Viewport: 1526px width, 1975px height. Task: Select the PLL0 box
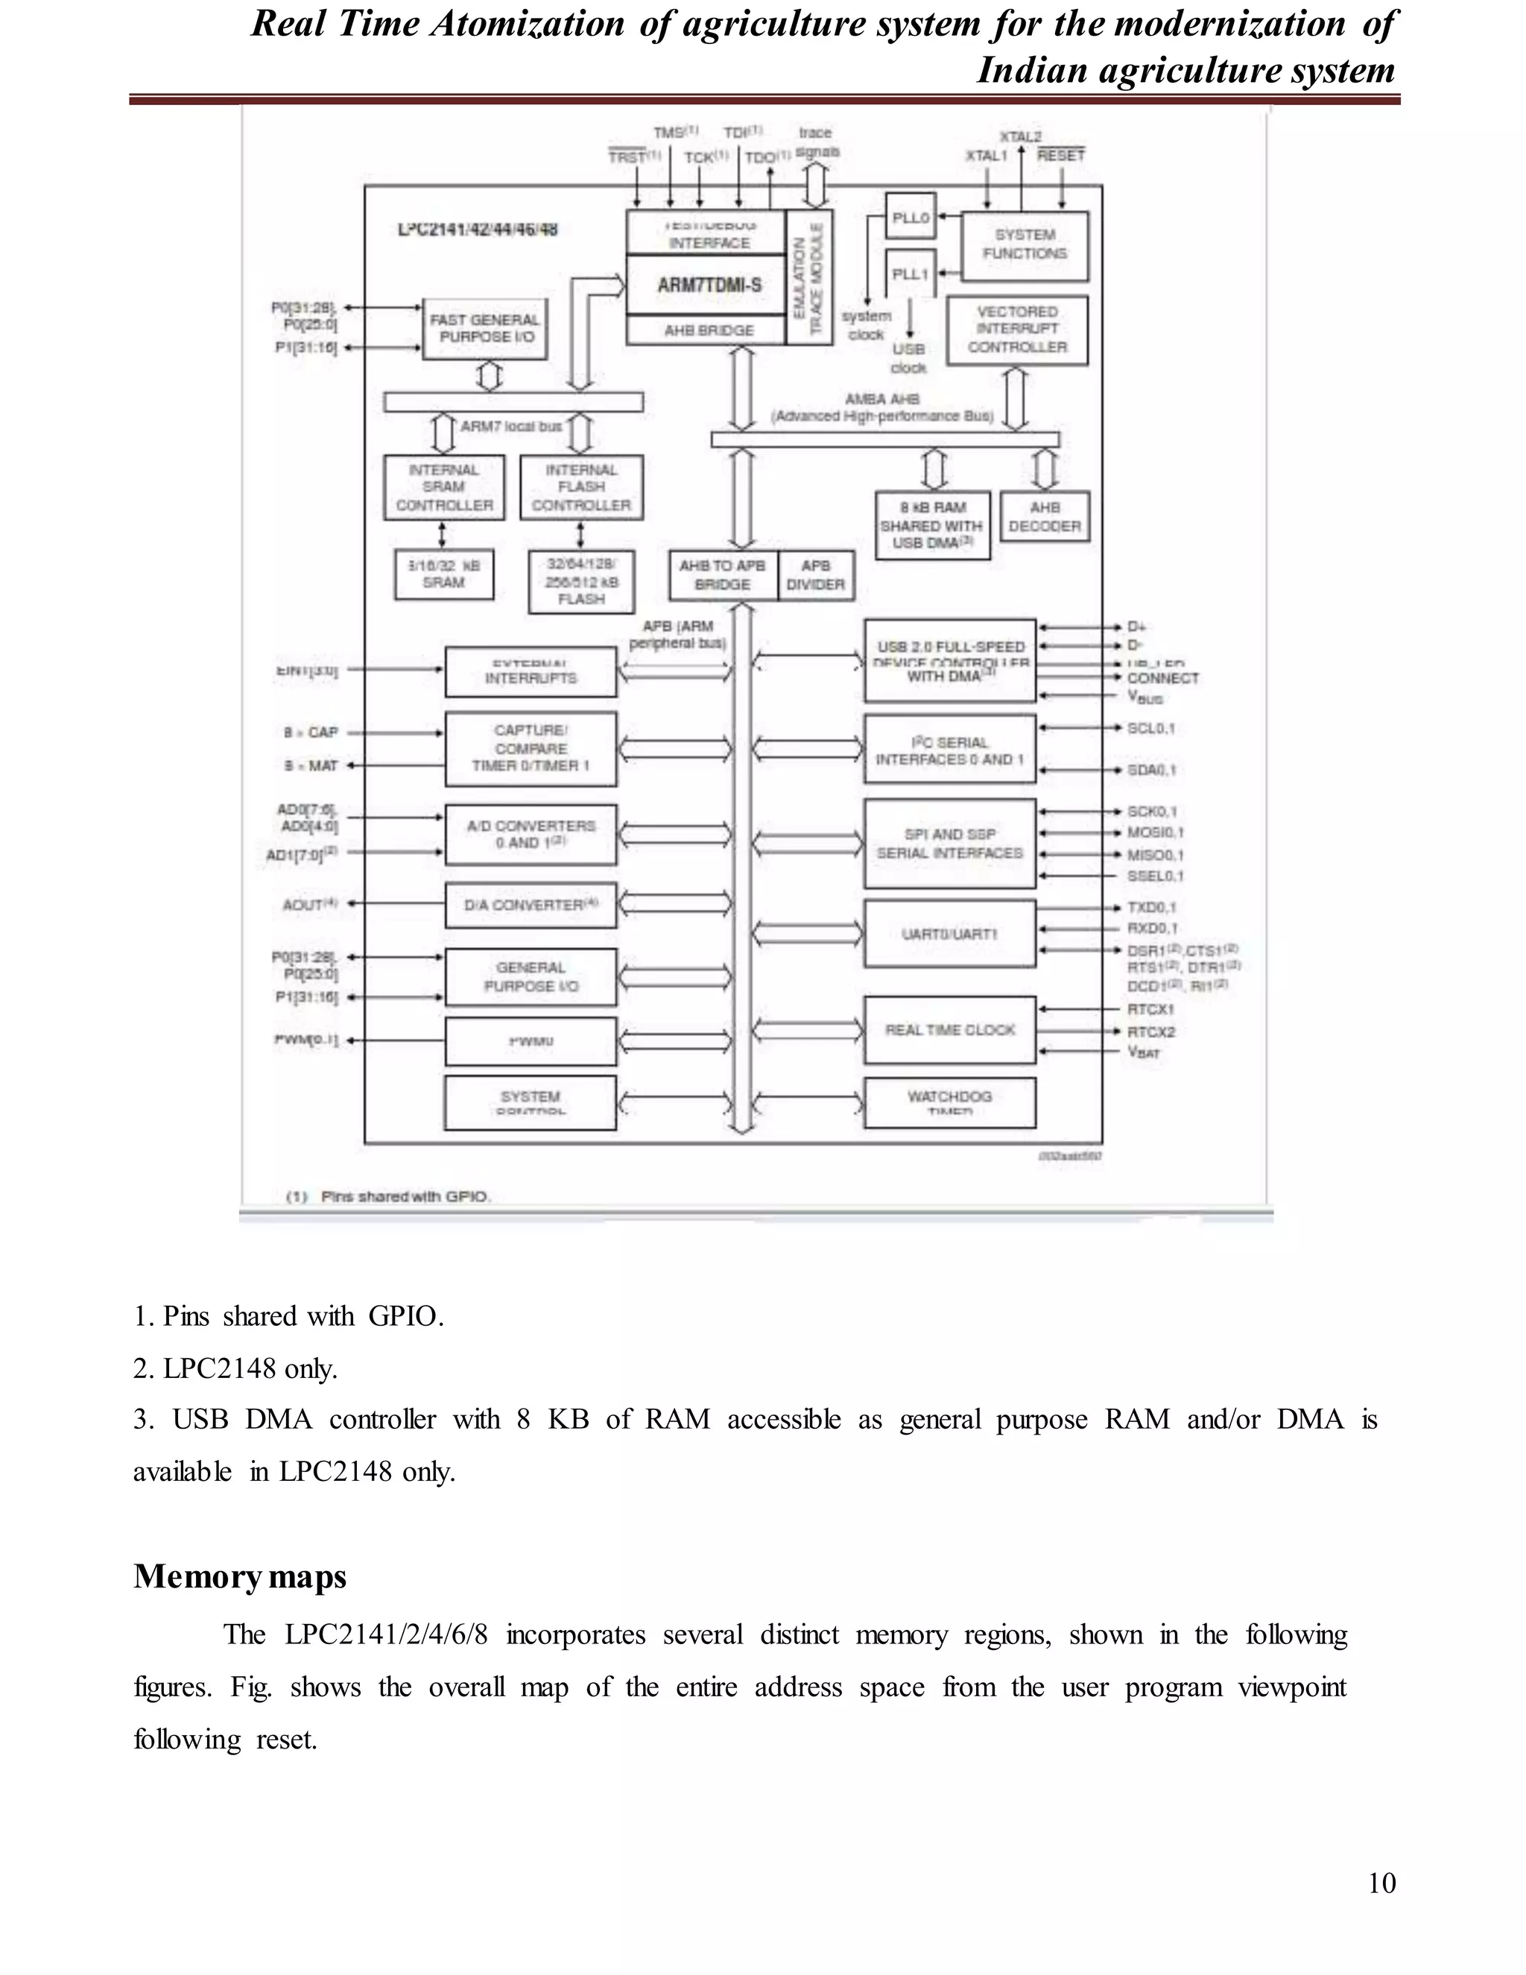910,218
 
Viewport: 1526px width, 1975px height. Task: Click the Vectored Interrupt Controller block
1016,330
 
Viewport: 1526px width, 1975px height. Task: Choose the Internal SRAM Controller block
443,487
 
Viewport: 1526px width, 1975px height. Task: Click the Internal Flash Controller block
581,487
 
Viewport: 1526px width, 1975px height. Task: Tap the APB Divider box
814,575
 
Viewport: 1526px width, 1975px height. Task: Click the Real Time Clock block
949,1030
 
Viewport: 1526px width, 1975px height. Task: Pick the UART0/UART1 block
949,933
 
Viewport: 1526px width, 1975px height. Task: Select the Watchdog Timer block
949,1102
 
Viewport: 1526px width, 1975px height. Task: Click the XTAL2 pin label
1021,136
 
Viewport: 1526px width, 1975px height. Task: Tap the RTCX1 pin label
1150,1009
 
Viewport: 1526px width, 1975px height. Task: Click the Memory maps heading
240,1576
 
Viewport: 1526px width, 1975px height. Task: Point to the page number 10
1381,1883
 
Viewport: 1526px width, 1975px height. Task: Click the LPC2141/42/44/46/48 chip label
478,230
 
